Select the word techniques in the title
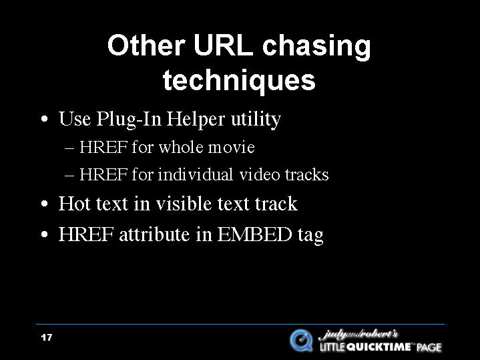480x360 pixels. pos(239,80)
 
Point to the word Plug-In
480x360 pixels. pos(129,119)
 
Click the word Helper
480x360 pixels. pos(196,119)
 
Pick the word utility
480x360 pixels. pos(255,120)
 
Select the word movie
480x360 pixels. pos(232,148)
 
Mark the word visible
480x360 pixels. pos(184,204)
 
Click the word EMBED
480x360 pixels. pos(254,234)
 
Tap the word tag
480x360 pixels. pos(310,236)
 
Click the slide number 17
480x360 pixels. pos(47,337)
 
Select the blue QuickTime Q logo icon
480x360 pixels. pos(301,341)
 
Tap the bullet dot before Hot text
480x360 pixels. pos(45,204)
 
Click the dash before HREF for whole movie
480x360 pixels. pos(69,148)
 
